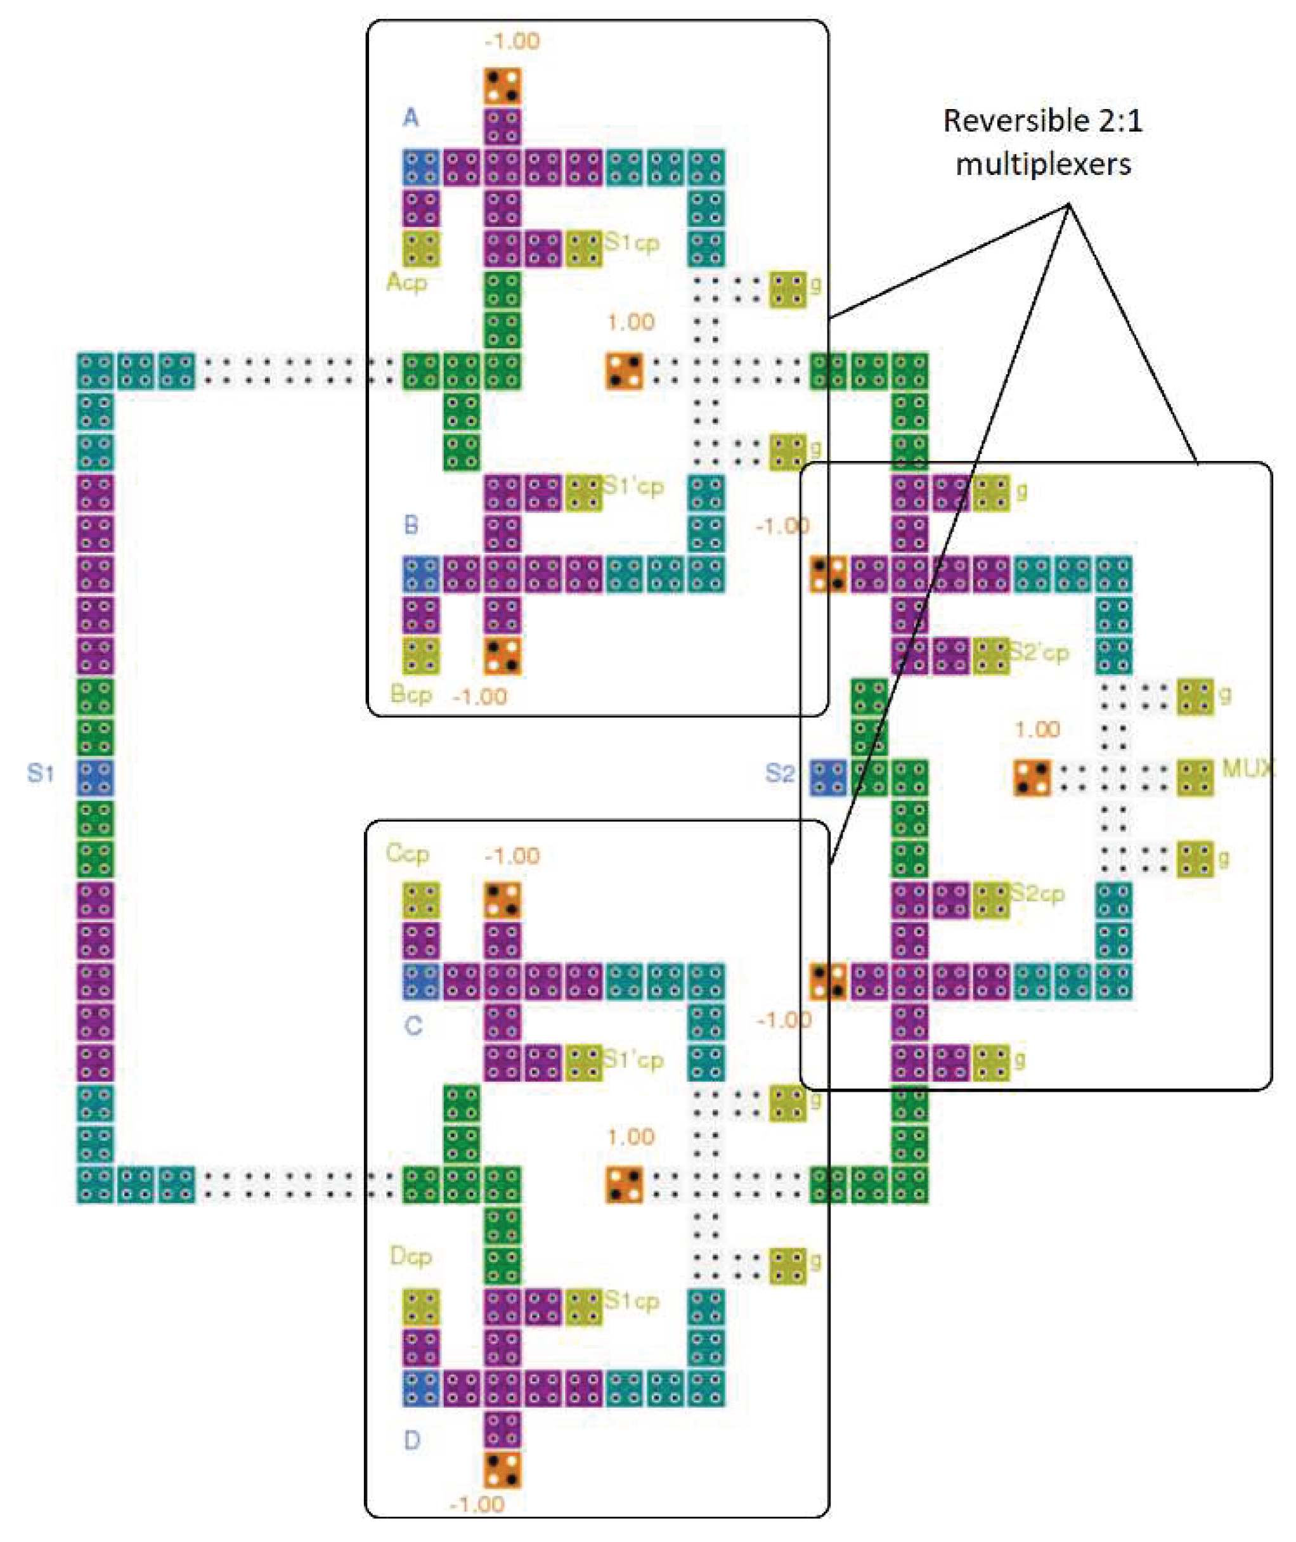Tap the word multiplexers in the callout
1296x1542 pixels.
click(x=1042, y=164)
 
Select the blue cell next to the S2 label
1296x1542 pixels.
click(x=828, y=778)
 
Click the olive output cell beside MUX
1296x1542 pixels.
click(x=1195, y=778)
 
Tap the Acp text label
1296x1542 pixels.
click(x=406, y=282)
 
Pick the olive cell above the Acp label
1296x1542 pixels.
click(x=421, y=249)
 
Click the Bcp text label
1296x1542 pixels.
click(x=411, y=694)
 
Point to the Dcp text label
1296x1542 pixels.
click(x=411, y=1256)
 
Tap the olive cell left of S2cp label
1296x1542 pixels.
click(x=991, y=901)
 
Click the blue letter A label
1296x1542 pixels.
click(x=411, y=117)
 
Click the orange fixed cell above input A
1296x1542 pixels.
click(x=503, y=87)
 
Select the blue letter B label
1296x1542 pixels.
click(x=411, y=524)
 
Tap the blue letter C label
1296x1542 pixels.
click(x=413, y=1025)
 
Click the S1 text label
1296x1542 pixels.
click(x=41, y=773)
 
